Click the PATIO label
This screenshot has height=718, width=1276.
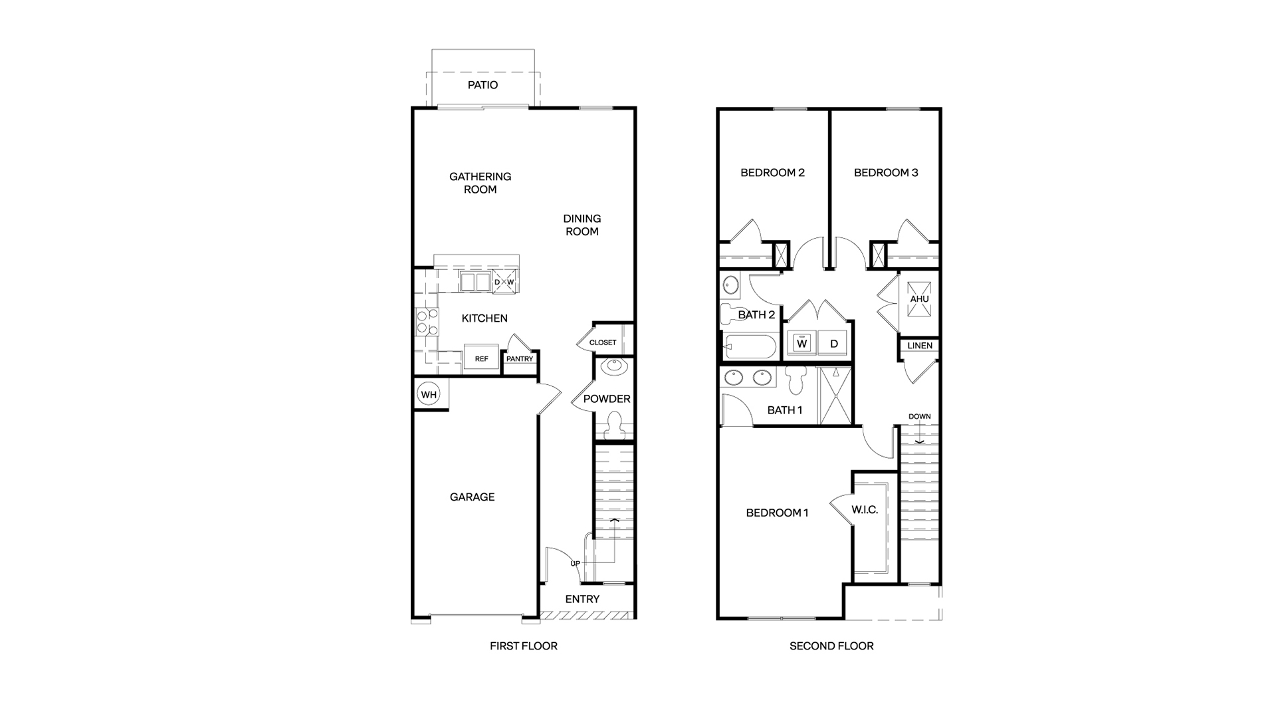(x=482, y=85)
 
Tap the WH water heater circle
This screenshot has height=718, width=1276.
(x=429, y=395)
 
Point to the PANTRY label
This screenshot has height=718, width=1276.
(x=520, y=359)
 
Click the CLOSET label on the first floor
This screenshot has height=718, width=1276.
(x=603, y=342)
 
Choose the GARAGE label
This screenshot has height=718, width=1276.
(x=472, y=497)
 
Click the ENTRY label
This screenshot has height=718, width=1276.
(x=582, y=599)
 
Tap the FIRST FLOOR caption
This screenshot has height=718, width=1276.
(x=524, y=646)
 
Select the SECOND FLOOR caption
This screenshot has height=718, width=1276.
(x=831, y=646)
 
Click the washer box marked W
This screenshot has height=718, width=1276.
(x=802, y=343)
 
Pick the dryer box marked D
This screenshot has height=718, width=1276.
(x=833, y=343)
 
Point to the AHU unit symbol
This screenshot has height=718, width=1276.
(x=920, y=299)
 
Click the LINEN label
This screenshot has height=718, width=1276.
(x=920, y=346)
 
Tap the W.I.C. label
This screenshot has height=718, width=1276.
(x=865, y=510)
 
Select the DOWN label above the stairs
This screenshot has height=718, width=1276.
(x=920, y=417)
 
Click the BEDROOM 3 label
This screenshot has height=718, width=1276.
(x=886, y=173)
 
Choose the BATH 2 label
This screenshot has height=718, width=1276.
(x=756, y=314)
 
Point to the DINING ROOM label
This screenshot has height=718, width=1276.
(x=582, y=225)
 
